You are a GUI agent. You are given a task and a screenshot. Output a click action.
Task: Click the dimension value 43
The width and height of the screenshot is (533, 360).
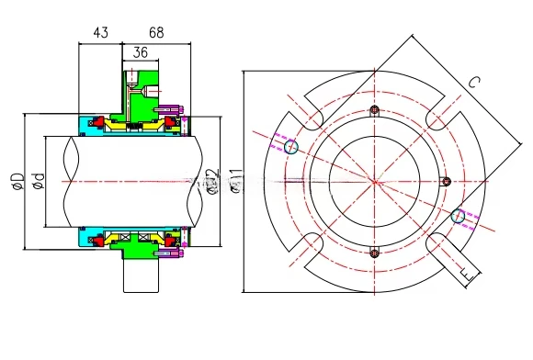pyautogui.click(x=100, y=32)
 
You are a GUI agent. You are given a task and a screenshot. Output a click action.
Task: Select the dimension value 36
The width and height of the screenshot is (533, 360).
pyautogui.click(x=141, y=52)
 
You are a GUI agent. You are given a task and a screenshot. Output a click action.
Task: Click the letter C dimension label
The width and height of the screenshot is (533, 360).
pyautogui.click(x=474, y=82)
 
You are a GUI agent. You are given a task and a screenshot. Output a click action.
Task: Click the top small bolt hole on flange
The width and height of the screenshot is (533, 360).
pyautogui.click(x=373, y=111)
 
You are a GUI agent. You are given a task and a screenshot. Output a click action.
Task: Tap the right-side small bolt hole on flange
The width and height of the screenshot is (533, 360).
pyautogui.click(x=445, y=181)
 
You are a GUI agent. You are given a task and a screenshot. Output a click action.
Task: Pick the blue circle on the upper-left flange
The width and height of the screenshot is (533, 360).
pyautogui.click(x=292, y=146)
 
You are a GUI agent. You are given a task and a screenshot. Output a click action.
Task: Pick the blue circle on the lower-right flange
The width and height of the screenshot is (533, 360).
pyautogui.click(x=457, y=216)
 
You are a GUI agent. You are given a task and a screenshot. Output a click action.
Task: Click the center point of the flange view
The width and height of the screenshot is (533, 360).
pyautogui.click(x=373, y=181)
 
